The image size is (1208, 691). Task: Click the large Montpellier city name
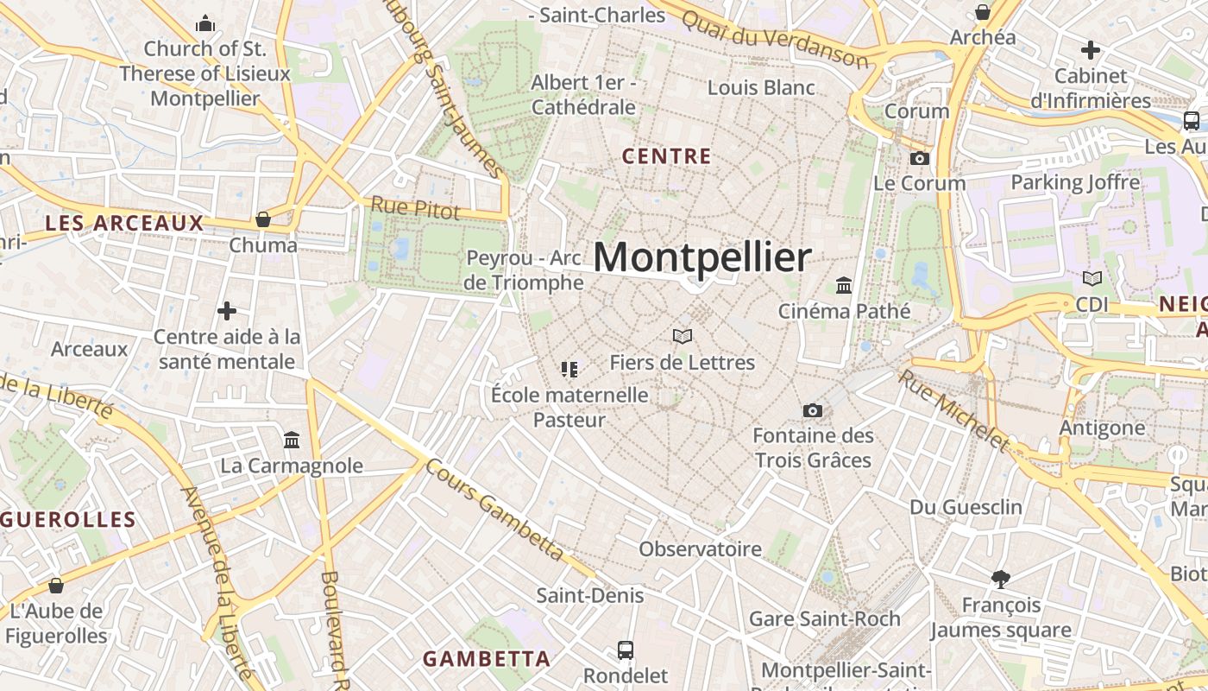[x=702, y=257]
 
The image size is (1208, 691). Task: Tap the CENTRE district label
[x=667, y=156]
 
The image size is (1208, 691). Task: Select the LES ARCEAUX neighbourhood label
[x=124, y=223]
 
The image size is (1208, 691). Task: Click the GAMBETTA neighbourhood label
[x=487, y=658]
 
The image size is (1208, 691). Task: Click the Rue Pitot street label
[x=416, y=208]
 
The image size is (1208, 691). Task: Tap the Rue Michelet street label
[x=953, y=409]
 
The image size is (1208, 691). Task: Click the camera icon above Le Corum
[x=920, y=158]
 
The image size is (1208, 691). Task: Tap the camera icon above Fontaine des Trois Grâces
[x=813, y=410]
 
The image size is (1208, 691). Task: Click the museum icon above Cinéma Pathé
[x=844, y=285]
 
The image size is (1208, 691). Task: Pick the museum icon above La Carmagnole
[x=292, y=441]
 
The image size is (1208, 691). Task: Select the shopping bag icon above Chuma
[x=263, y=219]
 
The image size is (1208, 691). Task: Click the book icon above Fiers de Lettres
[x=683, y=336]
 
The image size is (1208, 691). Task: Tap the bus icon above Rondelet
[x=626, y=650]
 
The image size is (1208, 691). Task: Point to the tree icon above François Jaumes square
[x=1001, y=579]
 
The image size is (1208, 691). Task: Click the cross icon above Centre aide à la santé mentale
[x=227, y=310]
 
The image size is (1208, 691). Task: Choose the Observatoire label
[x=700, y=548]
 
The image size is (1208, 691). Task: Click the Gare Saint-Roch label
[x=824, y=618]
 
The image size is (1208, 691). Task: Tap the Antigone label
[x=1102, y=428]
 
